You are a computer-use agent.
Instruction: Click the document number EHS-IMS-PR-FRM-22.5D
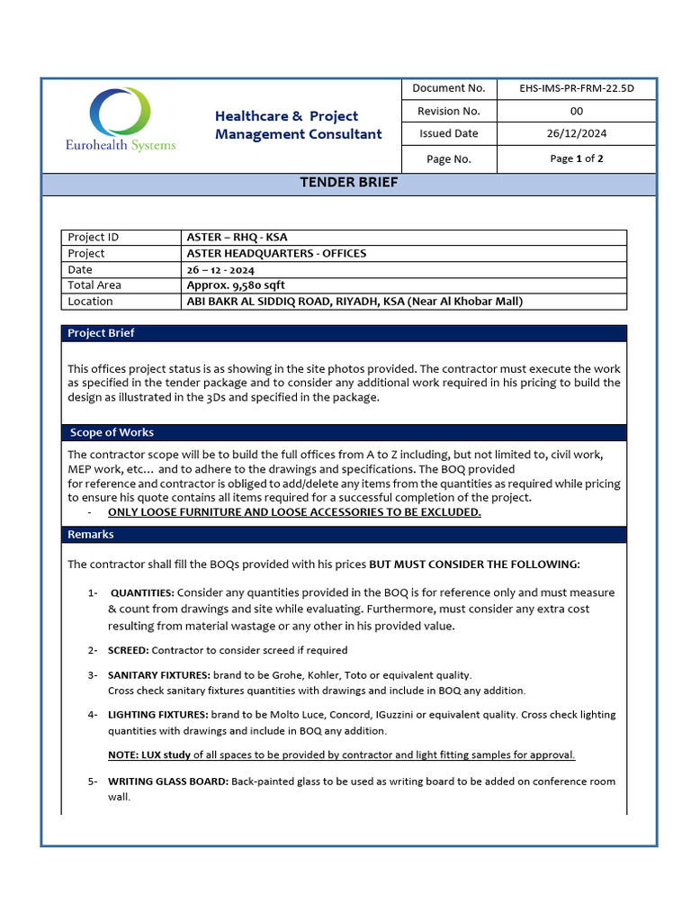pos(576,88)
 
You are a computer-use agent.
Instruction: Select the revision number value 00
pos(576,111)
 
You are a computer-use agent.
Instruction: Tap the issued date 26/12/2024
pos(576,133)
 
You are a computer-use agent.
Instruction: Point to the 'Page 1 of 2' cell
pos(576,158)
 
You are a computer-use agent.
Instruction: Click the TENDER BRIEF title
pos(348,183)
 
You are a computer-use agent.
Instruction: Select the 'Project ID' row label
pos(94,238)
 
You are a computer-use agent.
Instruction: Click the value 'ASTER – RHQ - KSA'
pos(237,238)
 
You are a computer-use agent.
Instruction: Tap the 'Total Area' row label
pos(94,285)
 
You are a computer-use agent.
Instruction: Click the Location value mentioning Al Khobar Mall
pos(354,302)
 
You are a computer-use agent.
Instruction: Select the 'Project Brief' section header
pos(102,333)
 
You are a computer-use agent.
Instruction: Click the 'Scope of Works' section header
pos(112,433)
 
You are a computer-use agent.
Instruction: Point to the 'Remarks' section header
pos(91,535)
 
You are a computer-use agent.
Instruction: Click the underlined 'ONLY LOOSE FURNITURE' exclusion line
pos(294,512)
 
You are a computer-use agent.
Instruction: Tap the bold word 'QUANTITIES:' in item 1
pos(142,593)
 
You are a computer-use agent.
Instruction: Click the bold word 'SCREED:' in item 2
pos(129,650)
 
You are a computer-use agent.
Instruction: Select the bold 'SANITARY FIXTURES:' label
pos(158,675)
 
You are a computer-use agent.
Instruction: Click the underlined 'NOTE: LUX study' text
pos(149,755)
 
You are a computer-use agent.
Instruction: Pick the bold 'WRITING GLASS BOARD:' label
pos(168,782)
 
